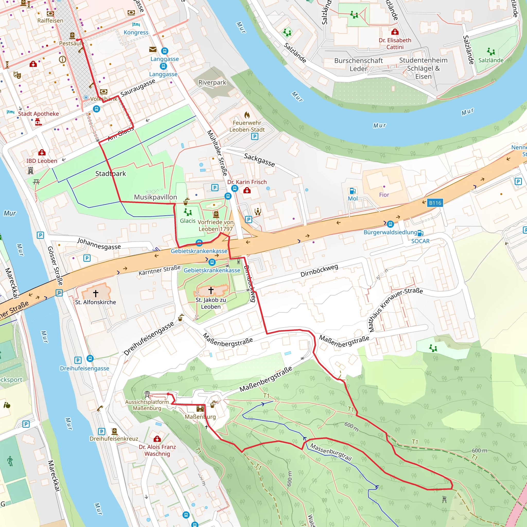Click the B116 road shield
435,203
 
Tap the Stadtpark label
110,173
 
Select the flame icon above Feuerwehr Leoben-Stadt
247,115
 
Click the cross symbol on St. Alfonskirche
95,294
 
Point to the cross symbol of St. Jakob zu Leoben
210,290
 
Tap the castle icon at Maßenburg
200,408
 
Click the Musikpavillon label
155,197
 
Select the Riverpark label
212,82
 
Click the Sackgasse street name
259,160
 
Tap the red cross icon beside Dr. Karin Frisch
247,190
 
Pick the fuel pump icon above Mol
353,191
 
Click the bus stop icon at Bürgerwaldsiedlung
390,224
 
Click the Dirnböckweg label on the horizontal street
319,270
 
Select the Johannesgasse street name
99,244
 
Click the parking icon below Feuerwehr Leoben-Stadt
254,136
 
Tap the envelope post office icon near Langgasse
153,49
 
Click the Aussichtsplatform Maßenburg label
147,405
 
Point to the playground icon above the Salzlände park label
491,51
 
